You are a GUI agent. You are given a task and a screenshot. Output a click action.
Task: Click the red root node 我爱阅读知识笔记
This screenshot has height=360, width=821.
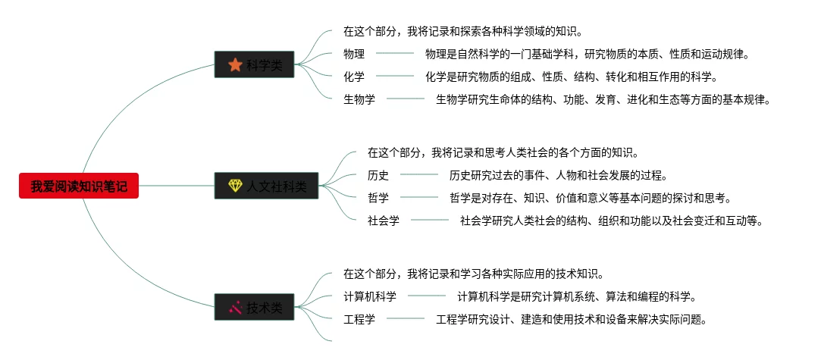[79, 186]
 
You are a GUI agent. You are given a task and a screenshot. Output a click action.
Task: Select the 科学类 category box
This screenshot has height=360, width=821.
[254, 66]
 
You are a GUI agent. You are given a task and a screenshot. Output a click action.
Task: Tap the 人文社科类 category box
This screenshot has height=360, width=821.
[266, 186]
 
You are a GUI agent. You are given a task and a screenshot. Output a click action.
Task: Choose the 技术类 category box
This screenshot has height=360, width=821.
[254, 308]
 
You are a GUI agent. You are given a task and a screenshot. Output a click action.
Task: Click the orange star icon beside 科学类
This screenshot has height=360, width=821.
[235, 66]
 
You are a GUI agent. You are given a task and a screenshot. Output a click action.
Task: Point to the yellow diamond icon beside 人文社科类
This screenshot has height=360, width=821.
[235, 186]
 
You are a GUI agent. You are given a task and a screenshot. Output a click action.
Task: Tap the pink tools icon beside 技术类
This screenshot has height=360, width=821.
[235, 308]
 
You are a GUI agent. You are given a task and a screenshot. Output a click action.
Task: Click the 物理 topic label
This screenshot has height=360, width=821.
[354, 54]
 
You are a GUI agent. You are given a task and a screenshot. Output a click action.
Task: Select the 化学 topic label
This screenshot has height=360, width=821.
[354, 77]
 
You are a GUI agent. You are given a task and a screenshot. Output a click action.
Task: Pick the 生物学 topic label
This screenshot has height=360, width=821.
[359, 99]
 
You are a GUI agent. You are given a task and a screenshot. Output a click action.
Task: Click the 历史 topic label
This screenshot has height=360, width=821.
[378, 176]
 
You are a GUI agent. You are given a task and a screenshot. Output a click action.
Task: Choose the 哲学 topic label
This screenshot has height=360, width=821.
[378, 199]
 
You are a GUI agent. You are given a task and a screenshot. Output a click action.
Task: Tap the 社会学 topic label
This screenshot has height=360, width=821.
[384, 221]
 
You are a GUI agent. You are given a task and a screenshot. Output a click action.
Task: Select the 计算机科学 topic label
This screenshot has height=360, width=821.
[370, 296]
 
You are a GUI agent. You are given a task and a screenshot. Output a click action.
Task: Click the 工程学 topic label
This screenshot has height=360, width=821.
[359, 319]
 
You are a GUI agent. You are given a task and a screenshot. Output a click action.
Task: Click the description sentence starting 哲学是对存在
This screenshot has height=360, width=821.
[591, 199]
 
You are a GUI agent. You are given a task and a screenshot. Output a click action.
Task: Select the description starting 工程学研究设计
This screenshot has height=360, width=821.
[572, 319]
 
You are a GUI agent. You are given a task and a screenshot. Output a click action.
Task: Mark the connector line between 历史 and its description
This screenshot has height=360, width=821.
[419, 176]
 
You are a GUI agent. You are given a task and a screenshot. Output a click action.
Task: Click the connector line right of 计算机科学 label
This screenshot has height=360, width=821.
[427, 296]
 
